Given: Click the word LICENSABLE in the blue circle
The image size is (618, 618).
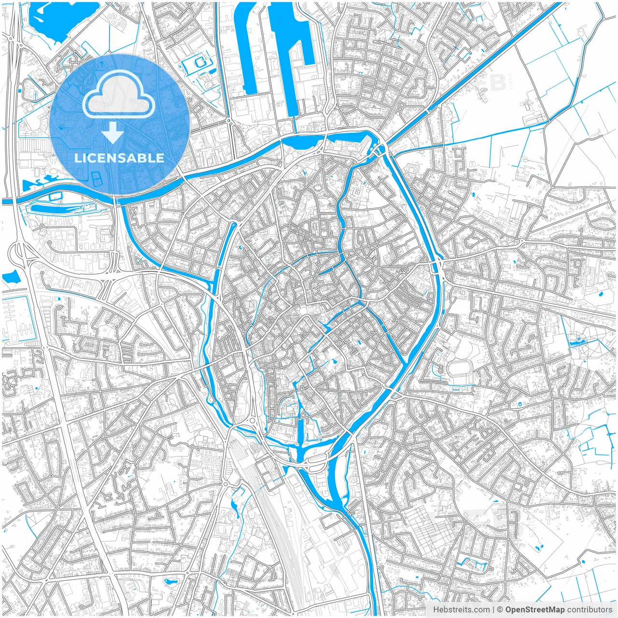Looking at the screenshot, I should pos(119,158).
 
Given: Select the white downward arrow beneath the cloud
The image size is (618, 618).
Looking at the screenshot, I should pos(113,133).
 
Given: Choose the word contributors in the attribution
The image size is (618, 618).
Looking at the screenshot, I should pos(590,610).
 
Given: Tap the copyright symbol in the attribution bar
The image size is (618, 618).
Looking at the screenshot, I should pos(500,610).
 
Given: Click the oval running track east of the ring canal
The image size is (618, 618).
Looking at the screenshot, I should pos(460,368).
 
